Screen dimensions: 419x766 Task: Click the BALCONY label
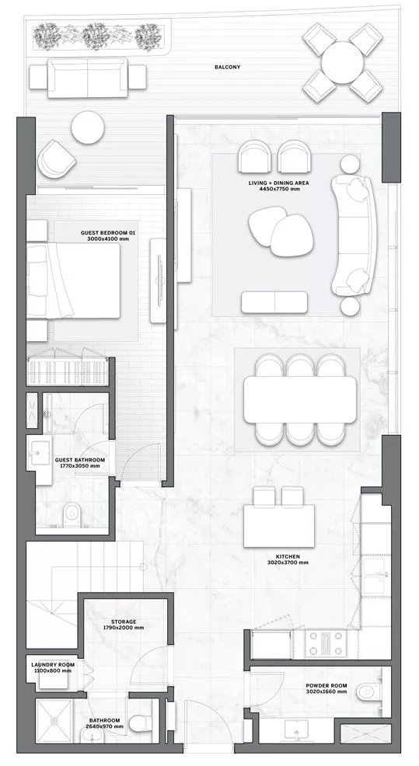[227, 67]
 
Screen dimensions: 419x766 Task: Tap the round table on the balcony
[342, 62]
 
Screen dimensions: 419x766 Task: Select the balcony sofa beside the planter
[88, 78]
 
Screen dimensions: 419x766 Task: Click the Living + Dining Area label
[278, 183]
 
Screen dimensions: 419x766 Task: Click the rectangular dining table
[300, 399]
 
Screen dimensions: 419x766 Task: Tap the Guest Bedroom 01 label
[108, 233]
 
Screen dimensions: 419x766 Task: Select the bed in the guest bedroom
[73, 280]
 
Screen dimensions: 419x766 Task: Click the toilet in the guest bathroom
[72, 515]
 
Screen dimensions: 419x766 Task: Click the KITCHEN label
[288, 556]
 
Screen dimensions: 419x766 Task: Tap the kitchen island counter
[279, 526]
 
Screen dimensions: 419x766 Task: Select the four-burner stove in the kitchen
[325, 644]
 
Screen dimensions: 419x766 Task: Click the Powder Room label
[326, 685]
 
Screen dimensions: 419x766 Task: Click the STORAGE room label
[124, 622]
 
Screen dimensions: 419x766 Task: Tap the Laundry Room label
[53, 665]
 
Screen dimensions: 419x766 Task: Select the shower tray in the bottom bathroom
[54, 722]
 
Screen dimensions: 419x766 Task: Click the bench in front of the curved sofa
[274, 302]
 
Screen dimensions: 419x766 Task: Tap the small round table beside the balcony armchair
[88, 127]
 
